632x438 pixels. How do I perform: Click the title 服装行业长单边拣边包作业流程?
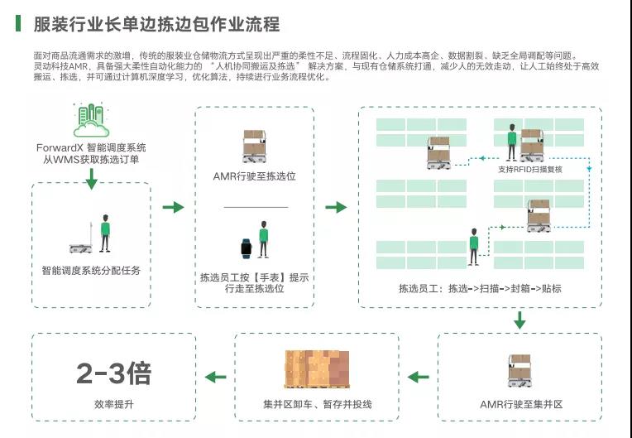tap(156, 23)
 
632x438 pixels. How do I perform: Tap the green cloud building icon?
tap(91, 121)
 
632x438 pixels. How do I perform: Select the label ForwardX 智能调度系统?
tap(91, 147)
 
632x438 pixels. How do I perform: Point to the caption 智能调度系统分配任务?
tap(91, 270)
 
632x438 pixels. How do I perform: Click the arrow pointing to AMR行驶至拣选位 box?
tap(173, 207)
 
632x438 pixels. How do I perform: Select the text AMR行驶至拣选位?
tap(255, 176)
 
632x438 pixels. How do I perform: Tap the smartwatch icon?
tap(246, 247)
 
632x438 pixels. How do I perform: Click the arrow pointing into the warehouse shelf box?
tap(336, 207)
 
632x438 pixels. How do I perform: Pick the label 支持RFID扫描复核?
tap(530, 168)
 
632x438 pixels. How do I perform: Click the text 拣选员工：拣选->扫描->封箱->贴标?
tap(480, 289)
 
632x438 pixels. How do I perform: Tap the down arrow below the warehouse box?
tap(519, 320)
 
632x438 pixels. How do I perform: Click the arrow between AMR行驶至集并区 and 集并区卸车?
tap(419, 378)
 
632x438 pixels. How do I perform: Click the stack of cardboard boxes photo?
tap(317, 369)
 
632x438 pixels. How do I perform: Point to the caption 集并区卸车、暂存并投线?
tap(317, 404)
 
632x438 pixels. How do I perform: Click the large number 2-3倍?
tap(113, 373)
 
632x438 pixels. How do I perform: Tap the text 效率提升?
tap(113, 404)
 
